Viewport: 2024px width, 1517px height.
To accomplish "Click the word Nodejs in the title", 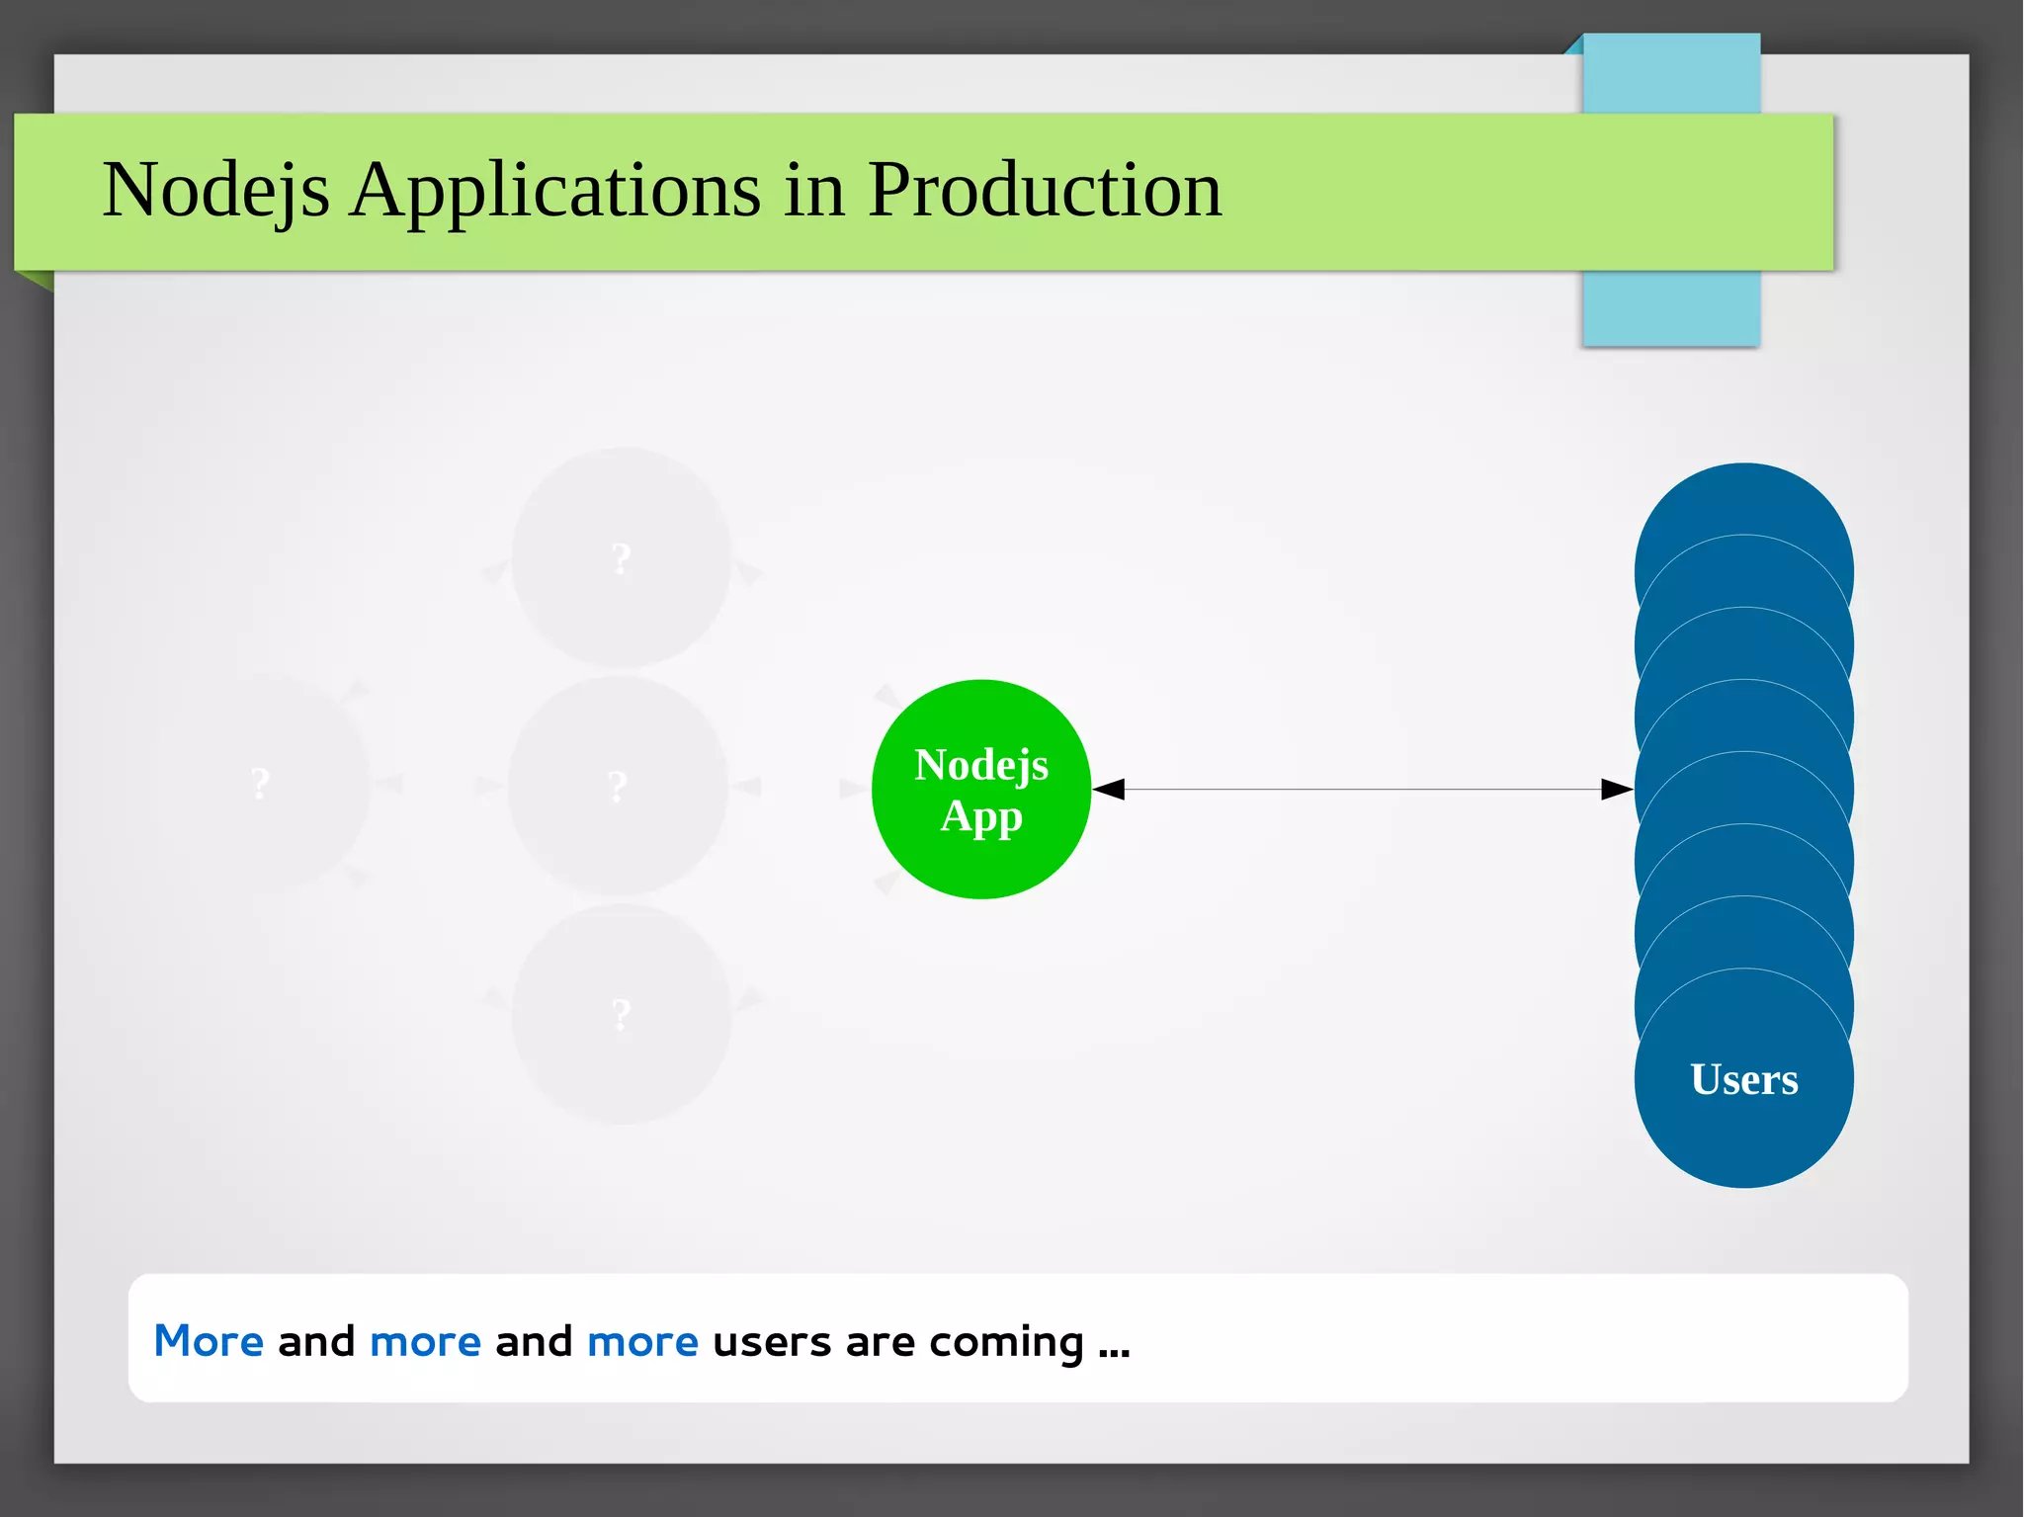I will (x=215, y=190).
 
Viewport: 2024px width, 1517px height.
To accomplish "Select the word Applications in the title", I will (x=555, y=190).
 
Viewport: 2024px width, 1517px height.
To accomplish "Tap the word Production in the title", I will (x=1045, y=190).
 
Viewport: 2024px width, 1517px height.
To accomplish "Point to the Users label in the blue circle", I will (x=1743, y=1079).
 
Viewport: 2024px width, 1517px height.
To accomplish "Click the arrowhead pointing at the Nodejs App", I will (x=1109, y=789).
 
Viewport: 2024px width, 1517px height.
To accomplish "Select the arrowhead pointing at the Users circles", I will (x=1617, y=789).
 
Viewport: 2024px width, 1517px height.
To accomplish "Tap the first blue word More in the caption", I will (x=209, y=1342).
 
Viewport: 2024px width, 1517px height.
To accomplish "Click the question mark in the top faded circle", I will (x=621, y=559).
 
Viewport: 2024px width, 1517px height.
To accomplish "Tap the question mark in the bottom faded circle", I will (x=621, y=1015).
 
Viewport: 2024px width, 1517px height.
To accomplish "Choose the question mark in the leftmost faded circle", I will (x=260, y=785).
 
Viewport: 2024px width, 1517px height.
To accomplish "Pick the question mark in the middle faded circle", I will (x=618, y=787).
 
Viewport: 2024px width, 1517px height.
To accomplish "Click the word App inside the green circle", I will (x=980, y=816).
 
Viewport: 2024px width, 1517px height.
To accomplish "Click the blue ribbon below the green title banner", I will (x=1670, y=308).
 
